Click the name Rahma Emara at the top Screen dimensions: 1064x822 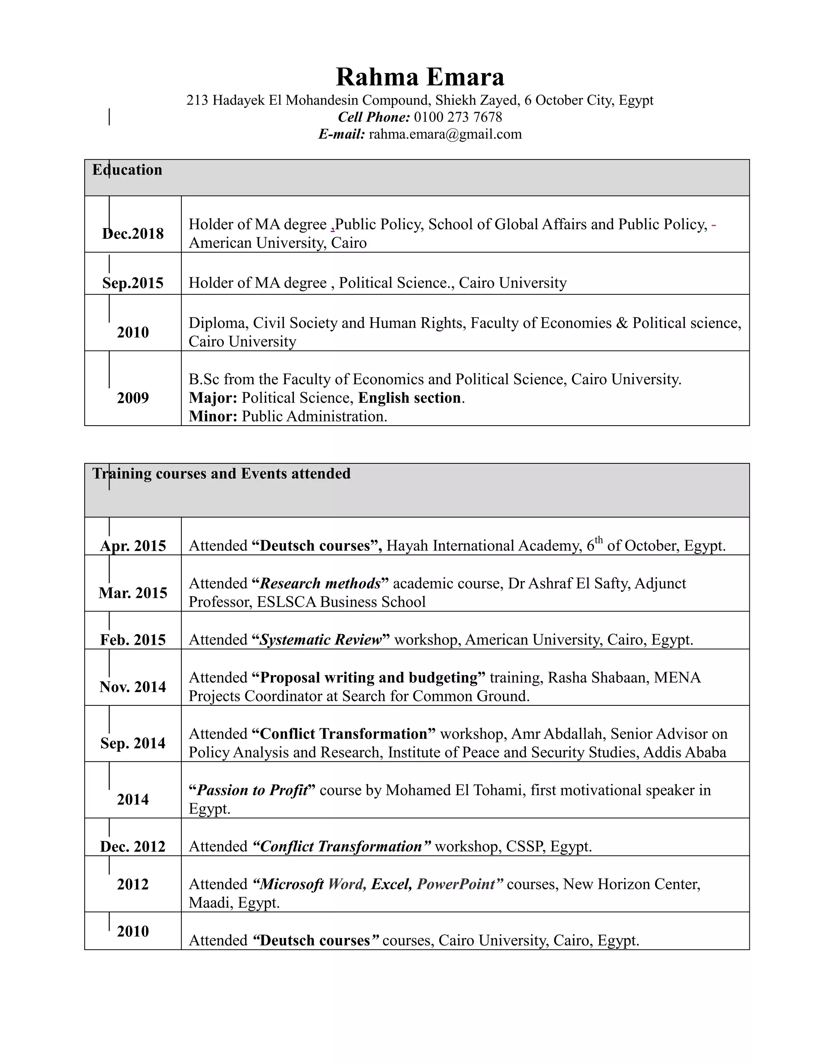coord(420,77)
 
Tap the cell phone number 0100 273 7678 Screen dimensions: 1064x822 coord(458,117)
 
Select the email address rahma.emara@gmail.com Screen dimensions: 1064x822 coord(445,134)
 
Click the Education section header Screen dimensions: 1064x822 coord(127,170)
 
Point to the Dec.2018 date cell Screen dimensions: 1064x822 coord(133,234)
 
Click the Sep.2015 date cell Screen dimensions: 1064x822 coord(133,283)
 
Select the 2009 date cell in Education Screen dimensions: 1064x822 coord(133,398)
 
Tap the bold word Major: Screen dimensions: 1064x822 coord(213,398)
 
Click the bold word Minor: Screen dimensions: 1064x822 coord(213,416)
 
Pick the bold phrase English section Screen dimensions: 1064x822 coord(409,398)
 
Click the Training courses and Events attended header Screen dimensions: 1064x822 coord(222,473)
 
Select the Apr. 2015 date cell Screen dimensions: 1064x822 coord(133,546)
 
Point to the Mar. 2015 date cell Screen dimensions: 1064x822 coord(133,593)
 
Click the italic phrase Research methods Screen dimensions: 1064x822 coord(320,584)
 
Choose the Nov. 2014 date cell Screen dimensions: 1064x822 coord(133,687)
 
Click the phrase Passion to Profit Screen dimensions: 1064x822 coord(252,790)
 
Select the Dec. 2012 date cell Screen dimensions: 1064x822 coord(133,847)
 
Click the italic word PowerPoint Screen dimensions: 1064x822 coord(456,884)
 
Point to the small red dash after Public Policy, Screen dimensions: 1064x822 coord(714,225)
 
